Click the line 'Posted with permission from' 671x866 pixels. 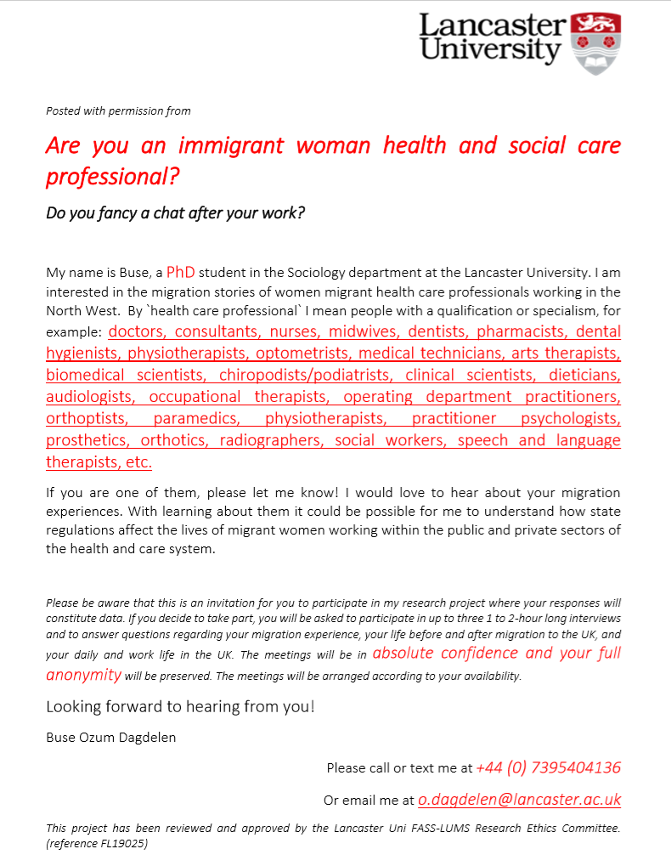tap(118, 110)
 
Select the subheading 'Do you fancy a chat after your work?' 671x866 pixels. tap(175, 212)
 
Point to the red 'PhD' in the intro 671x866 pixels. tap(180, 273)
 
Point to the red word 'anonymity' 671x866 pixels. tap(83, 675)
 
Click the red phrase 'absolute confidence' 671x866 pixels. tap(445, 653)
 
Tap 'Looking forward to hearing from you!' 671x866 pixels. tap(180, 706)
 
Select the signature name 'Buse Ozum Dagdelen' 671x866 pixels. tap(110, 737)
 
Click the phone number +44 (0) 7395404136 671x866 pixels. tap(549, 767)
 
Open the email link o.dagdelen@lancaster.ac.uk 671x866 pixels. tap(520, 799)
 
